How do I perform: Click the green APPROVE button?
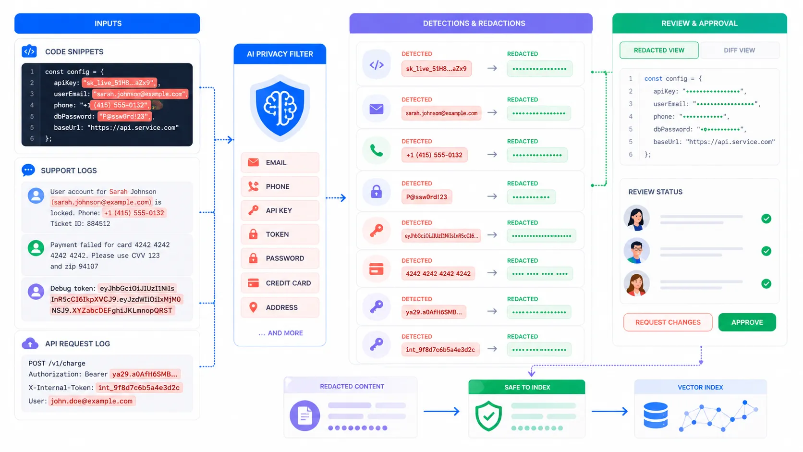tap(746, 322)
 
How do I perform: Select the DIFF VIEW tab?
tap(739, 50)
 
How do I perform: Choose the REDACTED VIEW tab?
tap(659, 50)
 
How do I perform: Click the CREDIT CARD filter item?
tap(280, 283)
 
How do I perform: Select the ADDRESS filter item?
tap(280, 307)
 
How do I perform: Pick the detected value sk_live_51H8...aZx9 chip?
tap(436, 69)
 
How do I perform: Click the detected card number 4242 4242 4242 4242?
tap(438, 274)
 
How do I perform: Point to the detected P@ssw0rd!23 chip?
tap(426, 197)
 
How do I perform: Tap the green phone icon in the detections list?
tap(377, 151)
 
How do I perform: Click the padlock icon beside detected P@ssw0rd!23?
tap(377, 192)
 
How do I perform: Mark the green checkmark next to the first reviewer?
tap(766, 219)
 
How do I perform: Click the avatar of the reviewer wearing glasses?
tap(636, 251)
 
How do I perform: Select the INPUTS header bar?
tap(107, 24)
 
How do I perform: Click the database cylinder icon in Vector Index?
tap(656, 415)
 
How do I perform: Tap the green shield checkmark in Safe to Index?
tap(488, 415)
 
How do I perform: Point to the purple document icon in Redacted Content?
tap(305, 415)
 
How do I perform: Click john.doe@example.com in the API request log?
tap(92, 401)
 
